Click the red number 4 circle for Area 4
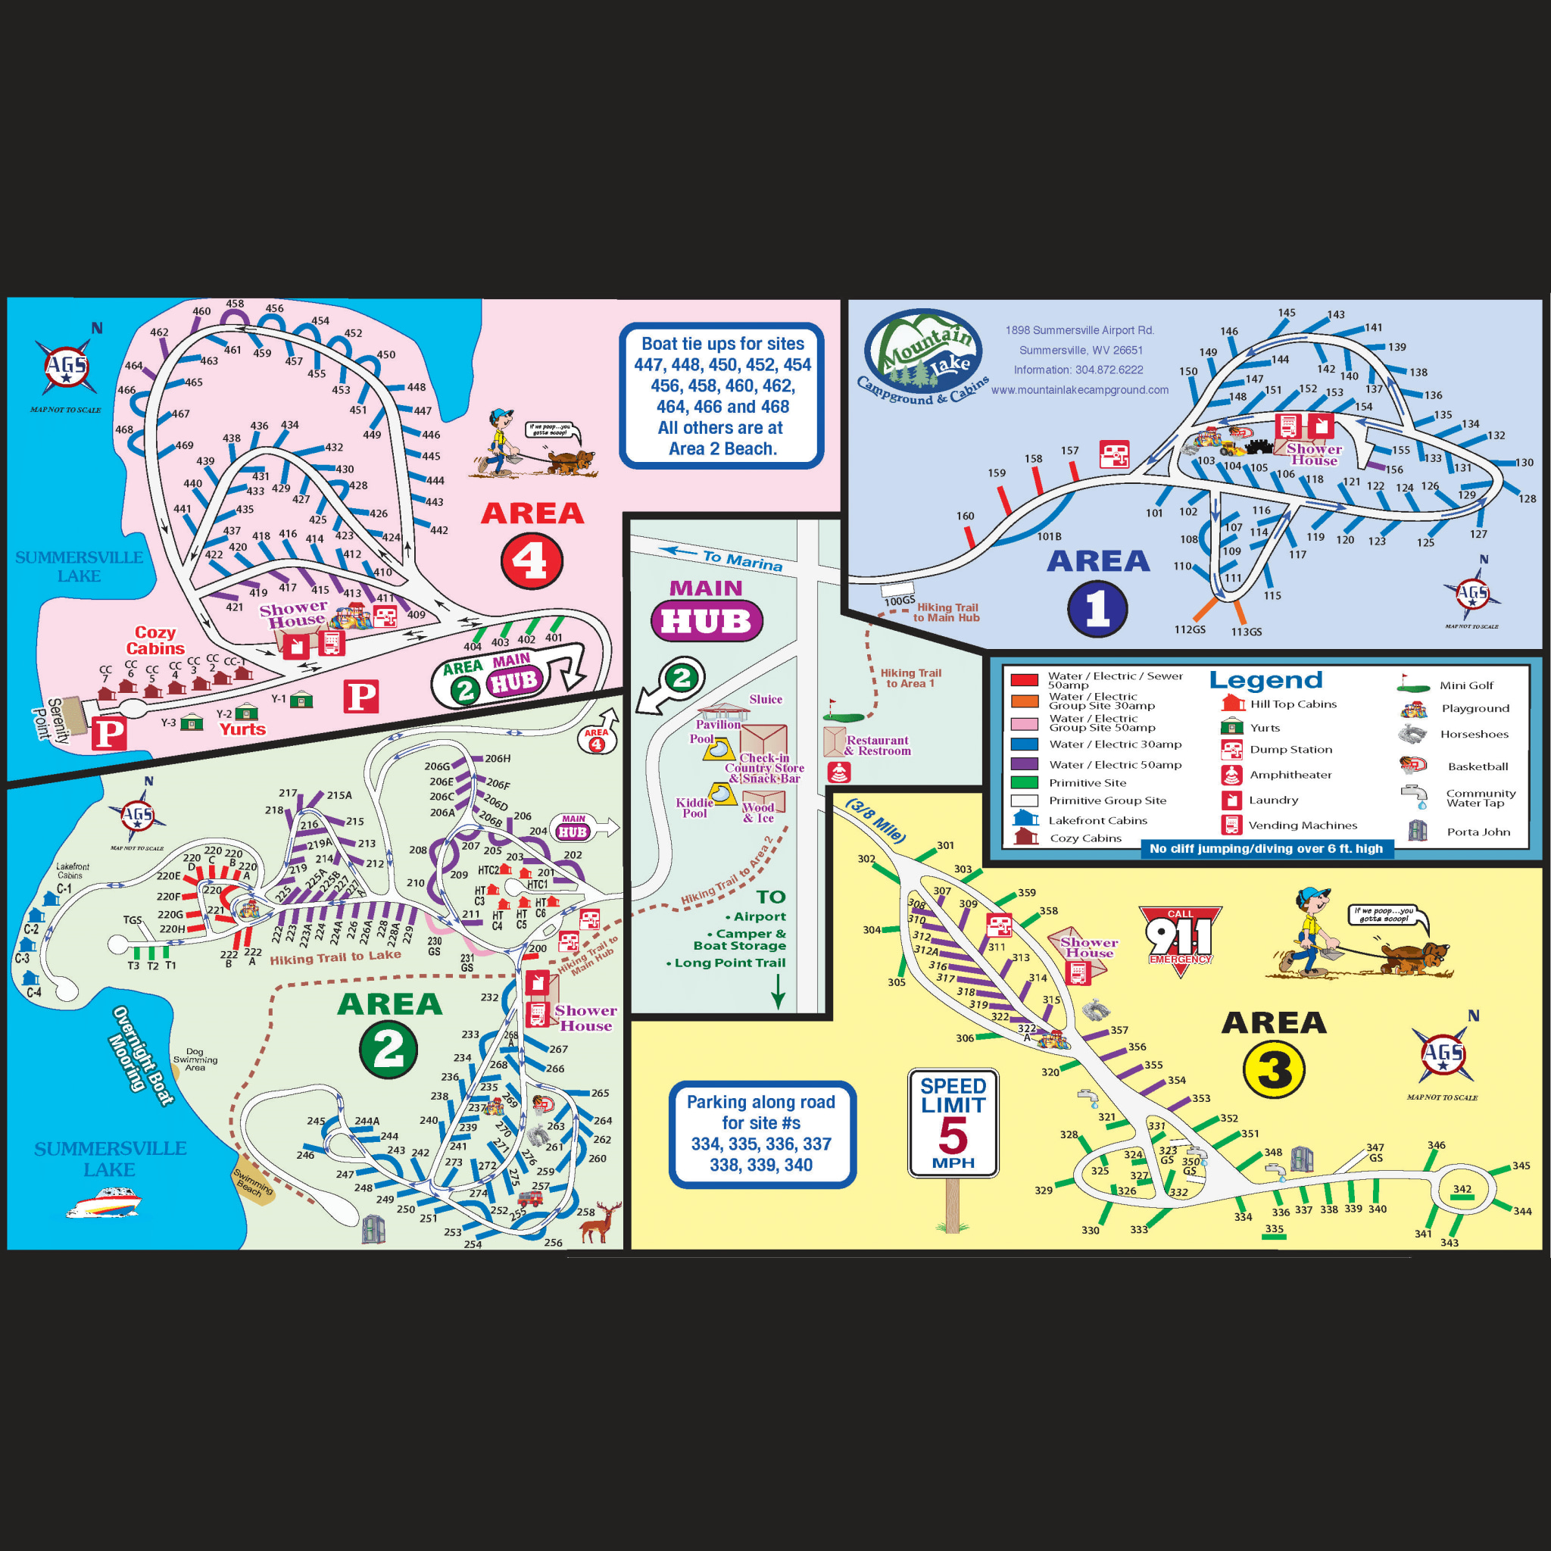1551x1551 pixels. pos(532,561)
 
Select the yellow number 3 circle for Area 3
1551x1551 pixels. pos(1273,1069)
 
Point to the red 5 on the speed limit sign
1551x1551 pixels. pos(953,1136)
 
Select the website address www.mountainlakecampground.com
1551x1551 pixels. pos(1079,390)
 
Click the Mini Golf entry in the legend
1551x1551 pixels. pos(1466,685)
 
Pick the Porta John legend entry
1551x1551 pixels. pos(1478,832)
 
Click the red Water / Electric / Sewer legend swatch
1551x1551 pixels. pos(1025,680)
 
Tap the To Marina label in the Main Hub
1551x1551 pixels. pos(741,560)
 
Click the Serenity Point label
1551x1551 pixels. pos(50,720)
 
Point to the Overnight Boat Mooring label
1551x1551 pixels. pos(142,1055)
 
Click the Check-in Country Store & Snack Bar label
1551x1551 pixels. pos(763,767)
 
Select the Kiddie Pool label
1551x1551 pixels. pos(694,807)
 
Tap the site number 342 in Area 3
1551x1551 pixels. pos(1462,1189)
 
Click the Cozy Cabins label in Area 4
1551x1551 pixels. pos(155,641)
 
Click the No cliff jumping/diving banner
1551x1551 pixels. pos(1265,848)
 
